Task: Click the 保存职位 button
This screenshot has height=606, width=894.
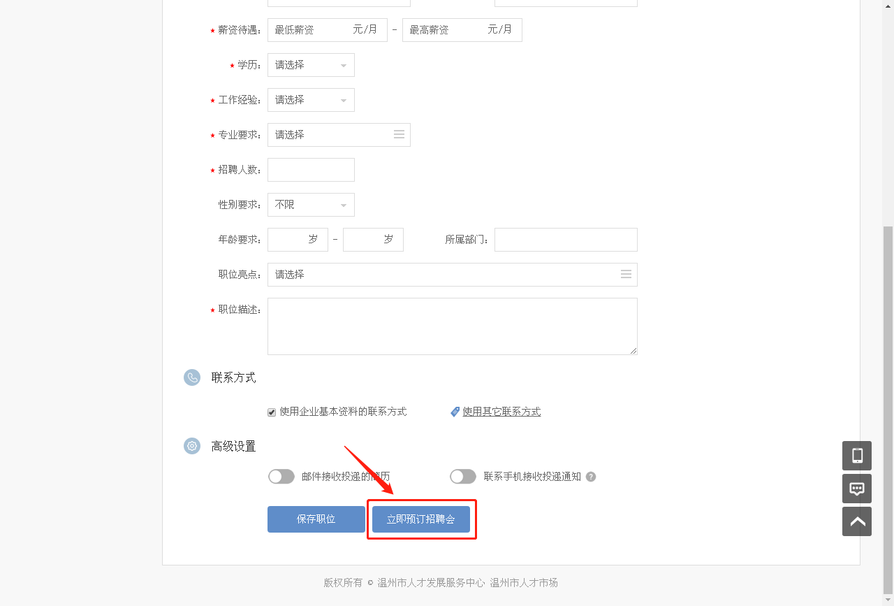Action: point(316,519)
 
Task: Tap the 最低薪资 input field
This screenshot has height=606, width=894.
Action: point(328,30)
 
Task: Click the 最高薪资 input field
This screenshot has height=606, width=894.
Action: point(462,30)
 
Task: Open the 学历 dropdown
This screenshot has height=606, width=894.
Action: point(311,65)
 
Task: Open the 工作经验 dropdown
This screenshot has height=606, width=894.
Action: point(311,100)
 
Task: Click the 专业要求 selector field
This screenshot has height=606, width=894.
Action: point(339,135)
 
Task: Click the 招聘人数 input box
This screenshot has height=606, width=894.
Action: point(311,170)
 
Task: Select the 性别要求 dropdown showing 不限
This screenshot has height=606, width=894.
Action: point(311,205)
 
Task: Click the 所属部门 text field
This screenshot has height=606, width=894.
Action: point(566,240)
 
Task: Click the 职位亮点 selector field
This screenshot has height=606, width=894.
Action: point(452,275)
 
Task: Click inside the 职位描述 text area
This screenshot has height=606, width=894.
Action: point(452,326)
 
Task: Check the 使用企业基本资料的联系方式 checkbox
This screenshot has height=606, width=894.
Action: point(272,412)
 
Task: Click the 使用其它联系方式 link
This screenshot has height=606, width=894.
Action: point(501,412)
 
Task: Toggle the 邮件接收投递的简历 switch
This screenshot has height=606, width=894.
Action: point(281,477)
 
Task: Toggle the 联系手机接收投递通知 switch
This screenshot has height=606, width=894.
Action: point(463,477)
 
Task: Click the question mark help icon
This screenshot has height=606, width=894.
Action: point(591,477)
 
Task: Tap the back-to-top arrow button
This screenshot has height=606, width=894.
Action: point(857,521)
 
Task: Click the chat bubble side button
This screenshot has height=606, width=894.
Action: point(857,489)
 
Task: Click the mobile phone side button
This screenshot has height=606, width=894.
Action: point(857,456)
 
